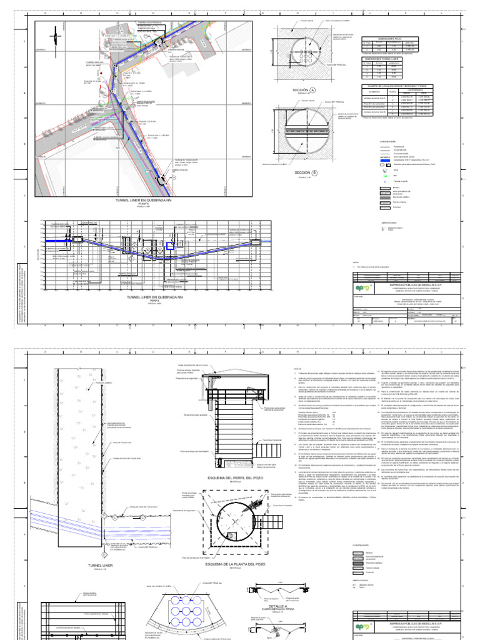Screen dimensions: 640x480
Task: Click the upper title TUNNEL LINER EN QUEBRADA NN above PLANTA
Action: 142,200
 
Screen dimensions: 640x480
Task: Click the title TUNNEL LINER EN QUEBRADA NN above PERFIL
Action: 142,298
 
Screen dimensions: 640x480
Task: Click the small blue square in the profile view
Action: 169,246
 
